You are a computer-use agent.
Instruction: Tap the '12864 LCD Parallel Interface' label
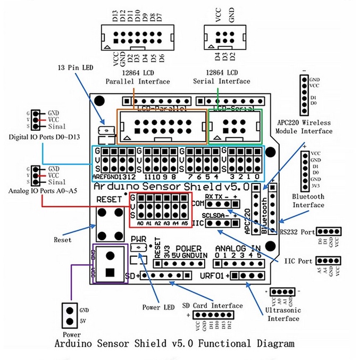[138, 77]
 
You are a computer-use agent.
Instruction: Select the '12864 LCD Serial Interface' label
[221, 77]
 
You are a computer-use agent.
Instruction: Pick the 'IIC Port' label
[299, 261]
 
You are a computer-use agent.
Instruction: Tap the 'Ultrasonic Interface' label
[283, 314]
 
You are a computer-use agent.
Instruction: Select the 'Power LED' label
[158, 307]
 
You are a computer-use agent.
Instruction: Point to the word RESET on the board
[109, 199]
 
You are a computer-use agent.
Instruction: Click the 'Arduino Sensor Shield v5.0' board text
[171, 187]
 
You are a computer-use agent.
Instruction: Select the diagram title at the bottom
[174, 343]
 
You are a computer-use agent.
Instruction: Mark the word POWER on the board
[188, 249]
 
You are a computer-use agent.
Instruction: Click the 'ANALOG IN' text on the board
[238, 249]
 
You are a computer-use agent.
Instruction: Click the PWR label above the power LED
[137, 239]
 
